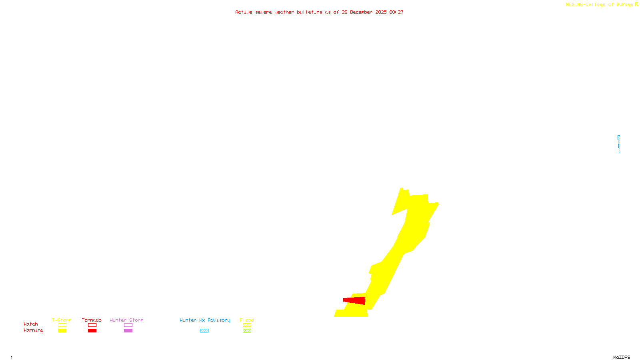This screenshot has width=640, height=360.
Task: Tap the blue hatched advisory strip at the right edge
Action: (x=619, y=144)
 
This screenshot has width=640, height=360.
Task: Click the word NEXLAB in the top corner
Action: (x=574, y=5)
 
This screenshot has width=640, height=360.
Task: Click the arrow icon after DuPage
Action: (x=636, y=4)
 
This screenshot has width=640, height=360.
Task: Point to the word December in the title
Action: (x=361, y=12)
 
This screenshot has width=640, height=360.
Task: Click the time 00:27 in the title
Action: (x=396, y=12)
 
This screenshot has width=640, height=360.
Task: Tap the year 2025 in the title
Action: (x=381, y=12)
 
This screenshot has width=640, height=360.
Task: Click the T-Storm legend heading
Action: (x=62, y=320)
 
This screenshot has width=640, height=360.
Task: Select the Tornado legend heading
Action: (x=92, y=320)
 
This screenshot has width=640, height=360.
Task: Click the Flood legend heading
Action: (x=247, y=320)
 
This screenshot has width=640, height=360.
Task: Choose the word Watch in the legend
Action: (x=31, y=324)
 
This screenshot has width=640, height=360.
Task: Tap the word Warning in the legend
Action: (x=34, y=330)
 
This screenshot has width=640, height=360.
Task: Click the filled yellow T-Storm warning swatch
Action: (x=62, y=331)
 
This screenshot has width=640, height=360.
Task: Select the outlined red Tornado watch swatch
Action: (x=92, y=325)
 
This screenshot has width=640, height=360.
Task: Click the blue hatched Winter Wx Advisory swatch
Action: (x=204, y=331)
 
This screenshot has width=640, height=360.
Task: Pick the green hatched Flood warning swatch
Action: (x=247, y=331)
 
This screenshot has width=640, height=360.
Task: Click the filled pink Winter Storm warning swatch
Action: (x=128, y=331)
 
